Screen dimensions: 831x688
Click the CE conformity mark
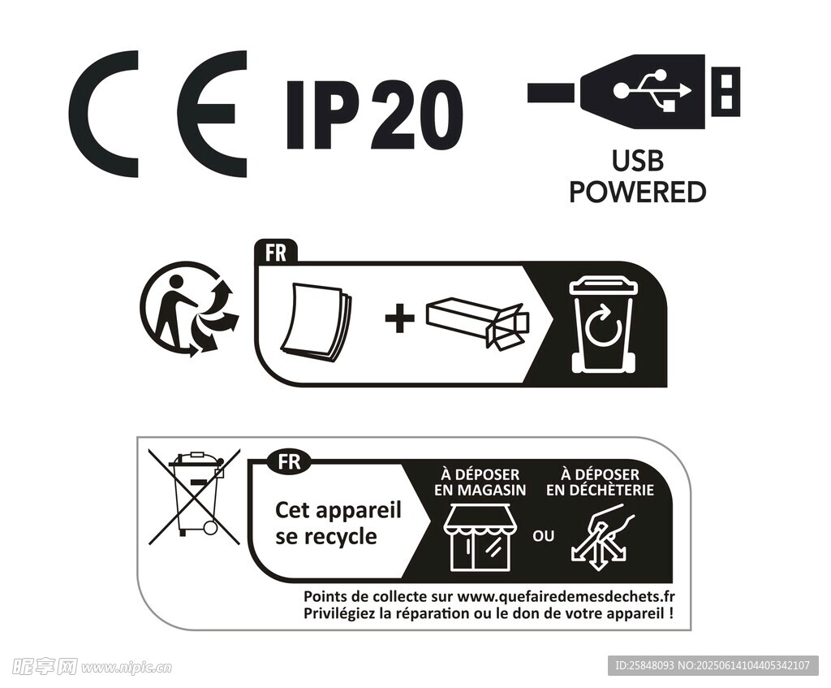click(x=157, y=114)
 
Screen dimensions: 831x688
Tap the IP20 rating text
click(x=374, y=115)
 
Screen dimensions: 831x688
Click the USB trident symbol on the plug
click(x=652, y=90)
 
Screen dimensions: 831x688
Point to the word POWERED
click(x=638, y=192)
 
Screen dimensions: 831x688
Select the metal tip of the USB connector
click(x=726, y=92)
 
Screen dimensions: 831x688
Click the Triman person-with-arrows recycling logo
click(x=189, y=308)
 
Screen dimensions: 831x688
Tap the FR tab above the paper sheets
click(x=276, y=252)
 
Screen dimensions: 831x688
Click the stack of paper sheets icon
click(x=316, y=324)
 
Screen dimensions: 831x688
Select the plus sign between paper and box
click(x=399, y=318)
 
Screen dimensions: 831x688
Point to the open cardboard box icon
click(x=477, y=322)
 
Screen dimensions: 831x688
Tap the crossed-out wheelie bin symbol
click(x=194, y=496)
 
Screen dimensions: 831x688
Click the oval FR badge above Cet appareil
click(x=290, y=461)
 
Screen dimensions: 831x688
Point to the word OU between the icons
click(x=543, y=536)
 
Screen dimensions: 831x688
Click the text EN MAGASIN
click(x=480, y=490)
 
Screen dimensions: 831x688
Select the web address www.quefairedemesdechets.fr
click(x=566, y=596)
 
